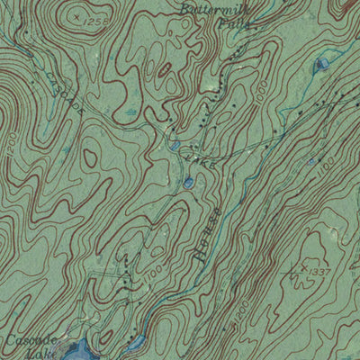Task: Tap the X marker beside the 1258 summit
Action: pyautogui.click(x=77, y=16)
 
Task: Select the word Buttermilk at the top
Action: pyautogui.click(x=212, y=8)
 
